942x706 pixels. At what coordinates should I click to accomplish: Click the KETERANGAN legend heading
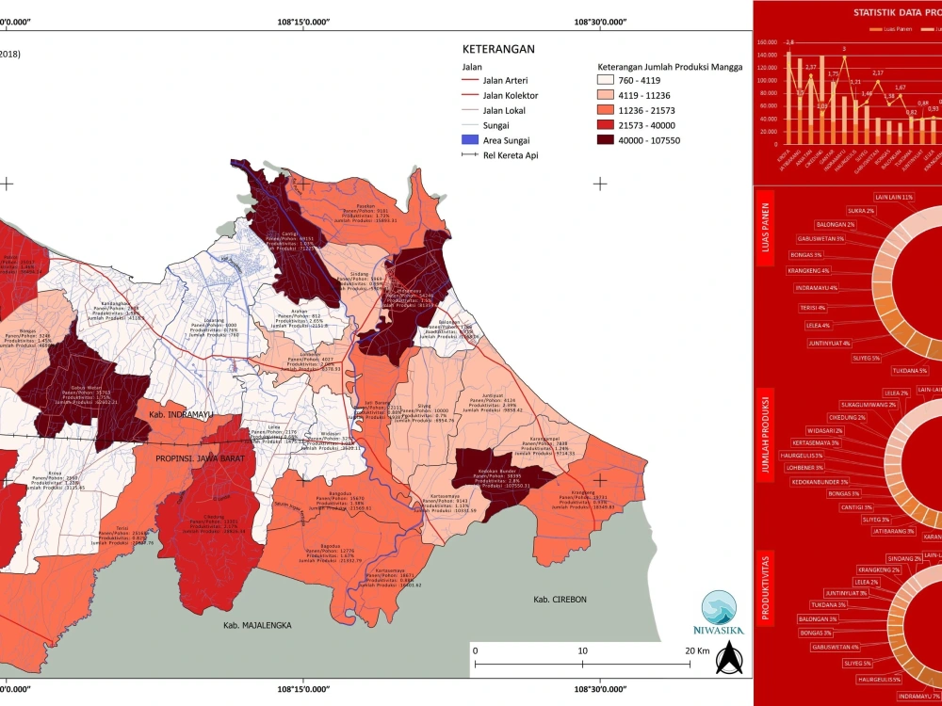(498, 50)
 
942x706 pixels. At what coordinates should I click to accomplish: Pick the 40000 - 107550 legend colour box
(609, 140)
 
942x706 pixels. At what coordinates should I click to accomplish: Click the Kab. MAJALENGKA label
(257, 625)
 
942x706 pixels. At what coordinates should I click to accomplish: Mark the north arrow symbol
(725, 663)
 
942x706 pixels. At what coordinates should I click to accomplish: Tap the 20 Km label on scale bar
(697, 651)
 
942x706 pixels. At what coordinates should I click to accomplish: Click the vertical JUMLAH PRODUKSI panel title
(766, 436)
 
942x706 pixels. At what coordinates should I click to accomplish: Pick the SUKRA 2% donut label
(860, 211)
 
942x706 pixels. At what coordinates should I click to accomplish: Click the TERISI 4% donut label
(808, 308)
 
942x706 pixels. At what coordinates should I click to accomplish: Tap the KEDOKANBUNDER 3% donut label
(821, 480)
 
